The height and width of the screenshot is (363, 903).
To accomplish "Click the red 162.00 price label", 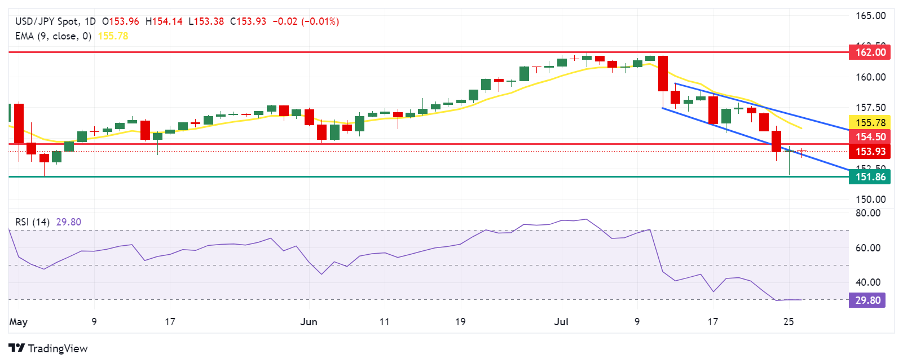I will [870, 52].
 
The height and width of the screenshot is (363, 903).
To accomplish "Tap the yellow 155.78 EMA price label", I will [870, 123].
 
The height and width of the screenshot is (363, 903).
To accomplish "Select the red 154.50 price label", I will [870, 137].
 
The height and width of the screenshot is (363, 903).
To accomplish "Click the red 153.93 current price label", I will [870, 152].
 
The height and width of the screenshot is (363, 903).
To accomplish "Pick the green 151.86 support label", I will [870, 177].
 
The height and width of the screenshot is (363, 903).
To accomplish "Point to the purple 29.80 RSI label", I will [867, 300].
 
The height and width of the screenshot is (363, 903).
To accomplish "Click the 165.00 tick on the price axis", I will [870, 16].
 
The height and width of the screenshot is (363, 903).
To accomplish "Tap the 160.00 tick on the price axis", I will [870, 77].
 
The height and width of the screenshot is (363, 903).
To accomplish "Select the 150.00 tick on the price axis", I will [870, 200].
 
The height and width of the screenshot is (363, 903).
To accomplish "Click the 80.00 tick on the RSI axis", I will [867, 213].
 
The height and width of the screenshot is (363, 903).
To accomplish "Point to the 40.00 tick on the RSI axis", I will [867, 282].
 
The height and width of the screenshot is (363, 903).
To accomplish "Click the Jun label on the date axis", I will [309, 322].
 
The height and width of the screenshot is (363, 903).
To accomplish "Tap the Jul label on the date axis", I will [561, 322].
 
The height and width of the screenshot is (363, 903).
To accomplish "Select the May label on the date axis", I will [18, 322].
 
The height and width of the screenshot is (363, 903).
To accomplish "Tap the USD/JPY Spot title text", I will [47, 21].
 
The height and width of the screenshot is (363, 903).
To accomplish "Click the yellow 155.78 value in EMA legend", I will [113, 36].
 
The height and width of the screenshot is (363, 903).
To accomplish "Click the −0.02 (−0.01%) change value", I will [306, 21].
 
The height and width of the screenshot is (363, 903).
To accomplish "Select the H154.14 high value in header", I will [164, 21].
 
